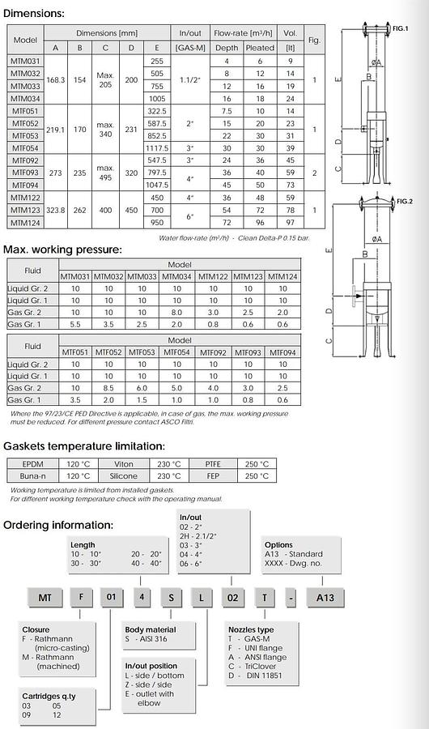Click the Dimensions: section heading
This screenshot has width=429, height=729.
tap(34, 13)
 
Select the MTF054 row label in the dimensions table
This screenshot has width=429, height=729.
tap(25, 148)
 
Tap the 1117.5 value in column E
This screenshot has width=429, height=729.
tap(157, 148)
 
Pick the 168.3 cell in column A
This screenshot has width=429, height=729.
tap(56, 80)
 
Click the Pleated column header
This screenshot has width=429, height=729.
tap(260, 48)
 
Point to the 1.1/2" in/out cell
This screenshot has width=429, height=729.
tap(190, 80)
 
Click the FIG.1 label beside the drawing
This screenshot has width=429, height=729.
tap(400, 28)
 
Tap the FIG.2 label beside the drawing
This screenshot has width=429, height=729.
tap(404, 202)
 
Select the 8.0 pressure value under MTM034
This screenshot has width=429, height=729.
tap(177, 313)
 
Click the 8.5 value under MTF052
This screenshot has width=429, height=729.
tap(108, 388)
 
